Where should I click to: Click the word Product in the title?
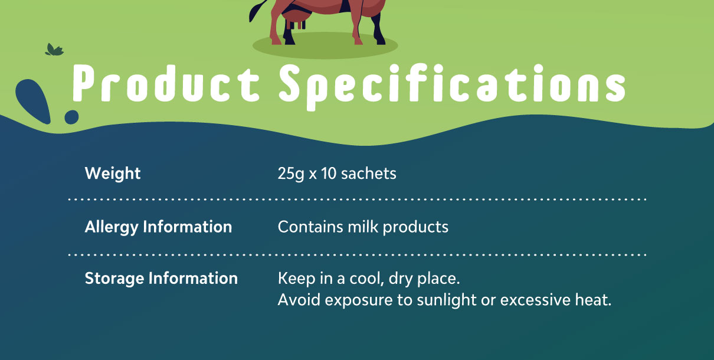point(166,84)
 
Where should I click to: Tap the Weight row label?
point(113,174)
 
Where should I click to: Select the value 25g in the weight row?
point(291,174)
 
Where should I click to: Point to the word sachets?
point(368,174)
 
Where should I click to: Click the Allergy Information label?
point(158,228)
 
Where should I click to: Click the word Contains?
point(310,227)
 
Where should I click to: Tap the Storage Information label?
point(161,279)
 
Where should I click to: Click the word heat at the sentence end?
point(593,300)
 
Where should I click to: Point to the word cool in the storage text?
point(366,279)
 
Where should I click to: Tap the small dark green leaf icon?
point(54,50)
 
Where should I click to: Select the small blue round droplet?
point(71,117)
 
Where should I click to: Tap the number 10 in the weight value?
point(329,174)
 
